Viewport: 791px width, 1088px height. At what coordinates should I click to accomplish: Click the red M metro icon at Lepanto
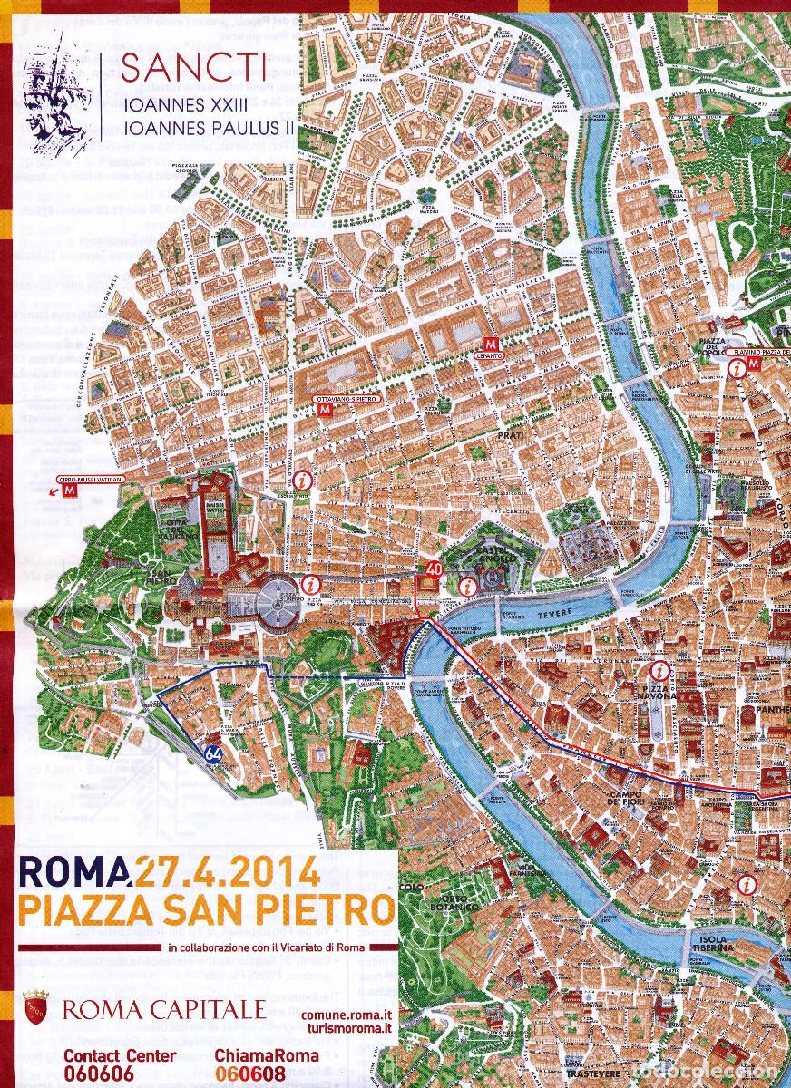491,345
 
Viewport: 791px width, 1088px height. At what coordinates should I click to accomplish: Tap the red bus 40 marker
433,569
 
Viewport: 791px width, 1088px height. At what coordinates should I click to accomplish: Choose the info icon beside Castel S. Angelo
467,587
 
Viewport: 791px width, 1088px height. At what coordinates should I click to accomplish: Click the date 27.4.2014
227,872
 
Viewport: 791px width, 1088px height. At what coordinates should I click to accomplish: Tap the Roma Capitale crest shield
34,1008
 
